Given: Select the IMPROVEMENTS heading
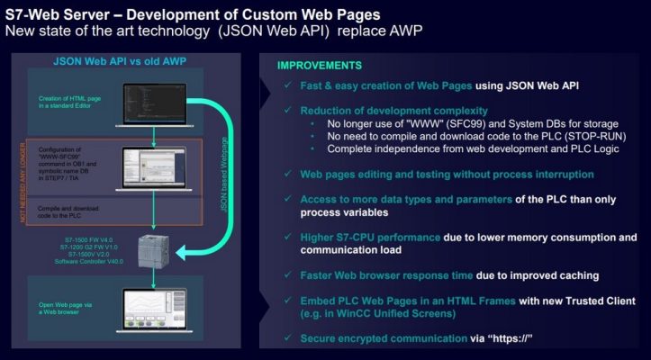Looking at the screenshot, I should pos(320,66).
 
